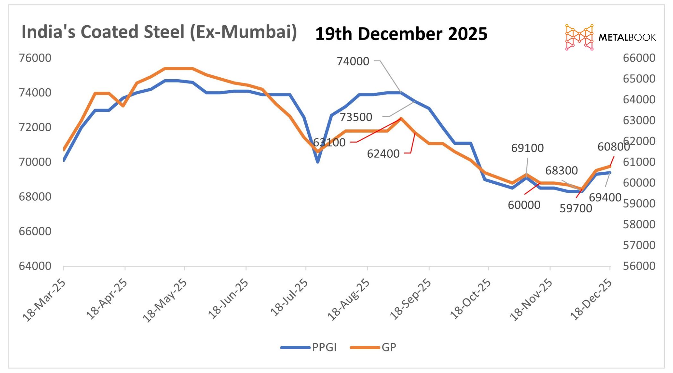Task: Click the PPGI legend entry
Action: point(309,347)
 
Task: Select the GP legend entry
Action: point(373,347)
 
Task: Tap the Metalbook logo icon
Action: point(579,37)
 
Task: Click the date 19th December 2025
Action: point(401,34)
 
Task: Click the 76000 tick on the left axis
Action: point(35,58)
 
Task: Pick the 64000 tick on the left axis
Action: point(35,266)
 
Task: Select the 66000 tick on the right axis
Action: point(639,58)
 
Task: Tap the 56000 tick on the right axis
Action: point(639,266)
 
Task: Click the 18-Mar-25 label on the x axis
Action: point(44,300)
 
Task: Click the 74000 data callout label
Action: point(353,61)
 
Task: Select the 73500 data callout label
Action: point(356,117)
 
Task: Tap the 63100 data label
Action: point(329,143)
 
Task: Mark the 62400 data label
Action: point(383,154)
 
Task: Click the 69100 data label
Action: point(527,148)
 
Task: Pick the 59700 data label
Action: point(576,209)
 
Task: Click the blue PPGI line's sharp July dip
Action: point(318,161)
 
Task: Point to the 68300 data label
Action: point(561,170)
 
